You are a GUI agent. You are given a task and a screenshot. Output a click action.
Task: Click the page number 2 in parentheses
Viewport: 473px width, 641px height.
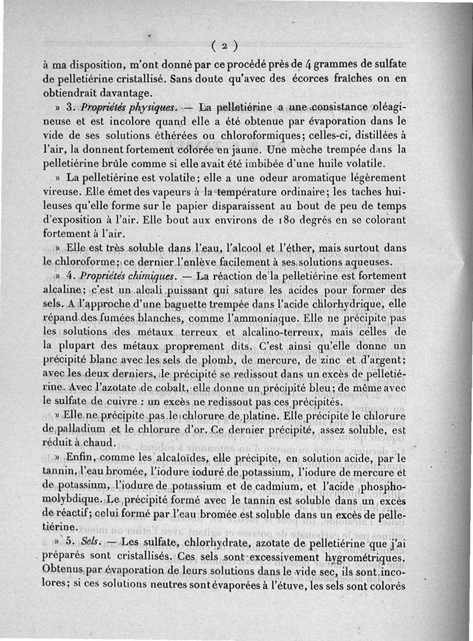[225, 46]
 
